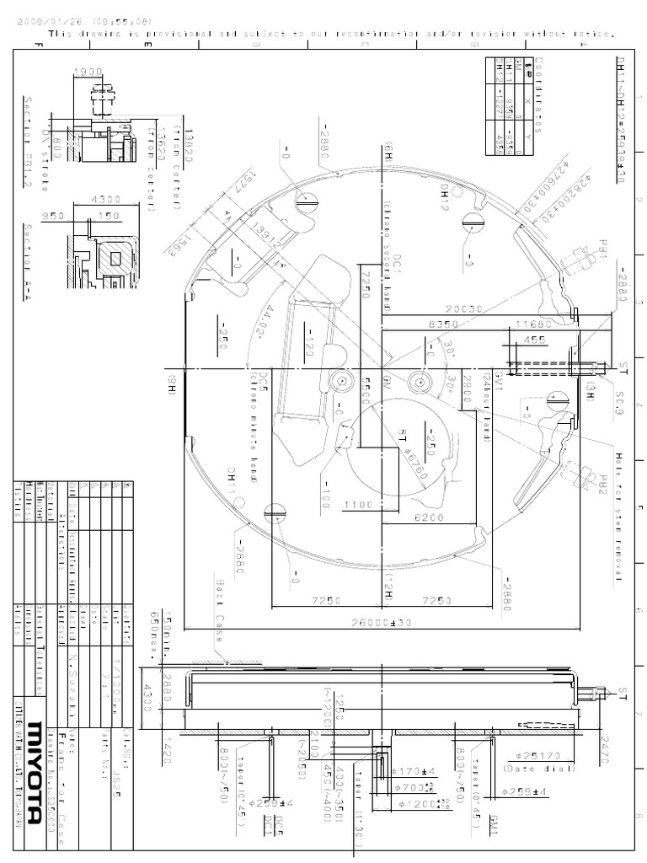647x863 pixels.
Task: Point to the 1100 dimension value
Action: point(358,505)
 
